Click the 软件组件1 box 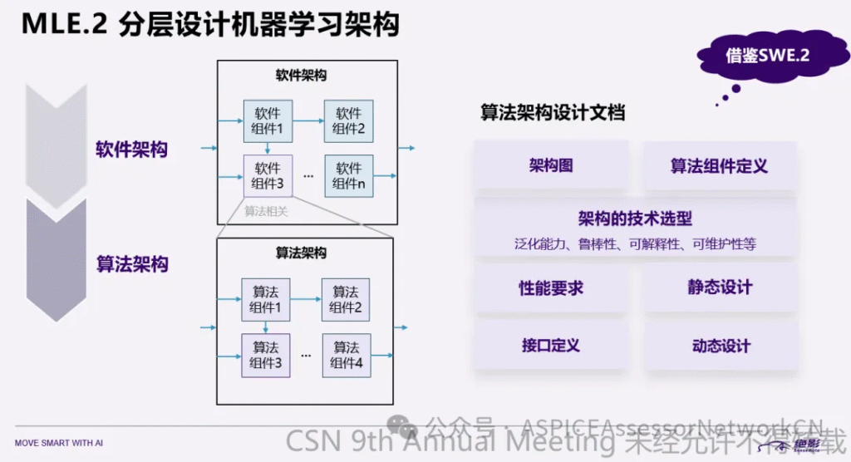tap(268, 121)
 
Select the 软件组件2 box tap(348, 121)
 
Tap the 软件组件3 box tap(268, 176)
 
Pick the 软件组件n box tap(348, 176)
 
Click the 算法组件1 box tap(265, 300)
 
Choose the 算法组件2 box tap(346, 300)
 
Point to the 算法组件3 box tap(265, 355)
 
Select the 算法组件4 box tap(346, 355)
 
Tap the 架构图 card tap(550, 165)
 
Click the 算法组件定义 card tap(719, 165)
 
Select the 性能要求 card tap(550, 288)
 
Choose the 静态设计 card tap(719, 288)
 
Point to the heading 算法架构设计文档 tap(552, 113)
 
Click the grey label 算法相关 tap(266, 211)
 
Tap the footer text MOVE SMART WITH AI tap(59, 443)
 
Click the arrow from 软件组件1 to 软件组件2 tap(307, 121)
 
